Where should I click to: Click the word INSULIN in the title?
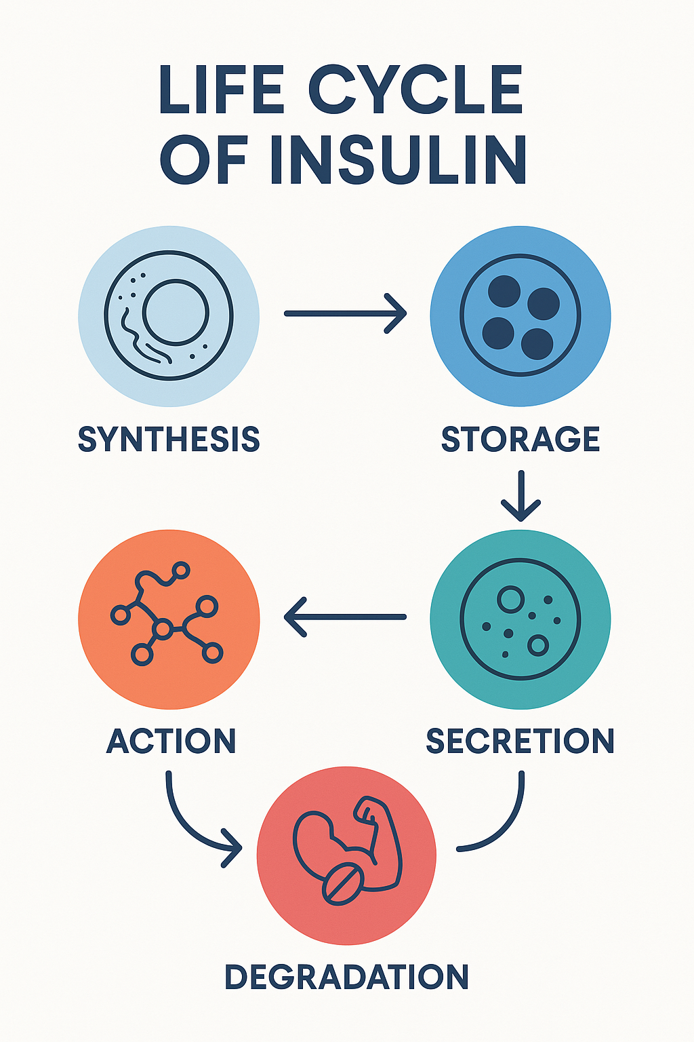[399, 160]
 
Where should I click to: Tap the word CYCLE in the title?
[415, 90]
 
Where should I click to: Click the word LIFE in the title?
[222, 90]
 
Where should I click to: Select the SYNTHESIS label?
[169, 440]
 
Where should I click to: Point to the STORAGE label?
[520, 440]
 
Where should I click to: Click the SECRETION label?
[520, 741]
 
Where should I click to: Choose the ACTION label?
[171, 741]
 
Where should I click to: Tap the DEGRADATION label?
[346, 977]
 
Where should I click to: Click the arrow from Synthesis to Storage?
[346, 313]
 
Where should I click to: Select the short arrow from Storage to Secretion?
[520, 496]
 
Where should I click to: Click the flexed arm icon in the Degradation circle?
[376, 845]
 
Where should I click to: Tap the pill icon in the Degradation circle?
[343, 883]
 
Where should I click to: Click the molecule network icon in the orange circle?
[165, 614]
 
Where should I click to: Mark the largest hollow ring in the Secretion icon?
[510, 598]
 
